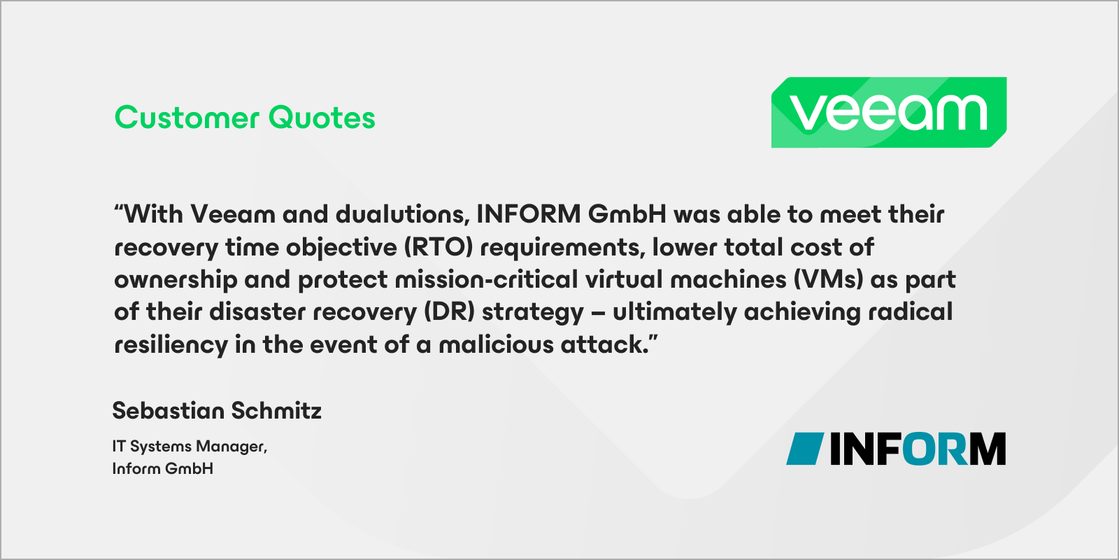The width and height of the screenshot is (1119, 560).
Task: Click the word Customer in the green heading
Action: [x=187, y=118]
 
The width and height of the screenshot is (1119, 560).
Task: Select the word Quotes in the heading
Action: [x=322, y=118]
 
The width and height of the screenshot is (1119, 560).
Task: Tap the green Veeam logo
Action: [x=888, y=112]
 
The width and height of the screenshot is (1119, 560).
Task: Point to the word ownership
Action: [x=176, y=279]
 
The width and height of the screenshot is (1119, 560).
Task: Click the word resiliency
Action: [x=171, y=344]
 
